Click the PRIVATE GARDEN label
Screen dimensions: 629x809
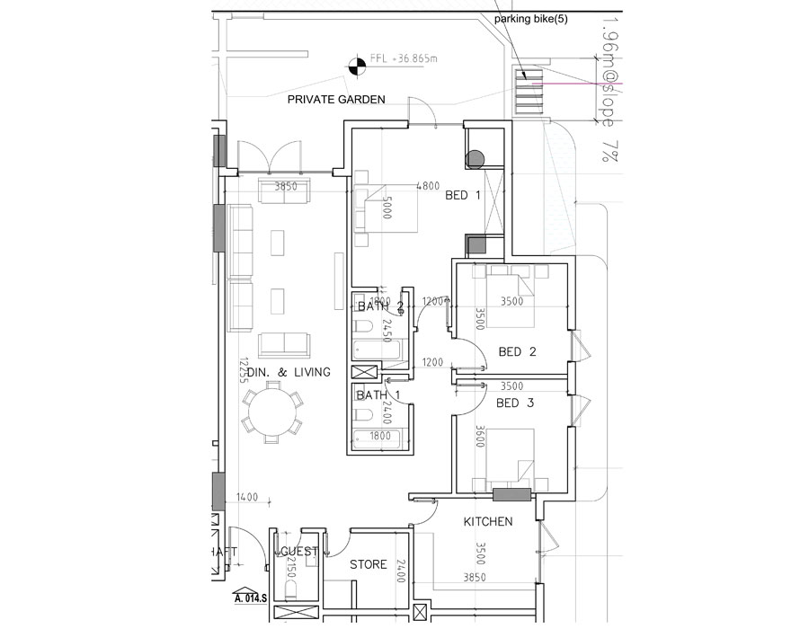point(336,100)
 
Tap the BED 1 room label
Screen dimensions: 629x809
point(464,195)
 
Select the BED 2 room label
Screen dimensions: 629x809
point(517,352)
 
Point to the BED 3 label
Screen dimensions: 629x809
point(514,403)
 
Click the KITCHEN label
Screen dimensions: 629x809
point(488,522)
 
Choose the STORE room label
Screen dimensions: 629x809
point(369,564)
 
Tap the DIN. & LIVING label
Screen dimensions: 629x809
point(289,372)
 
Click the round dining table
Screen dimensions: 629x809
point(271,412)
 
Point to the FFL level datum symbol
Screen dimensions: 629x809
point(357,63)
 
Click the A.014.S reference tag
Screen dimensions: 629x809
point(251,597)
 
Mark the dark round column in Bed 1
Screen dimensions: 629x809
point(475,159)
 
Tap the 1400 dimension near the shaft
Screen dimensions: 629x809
point(247,497)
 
